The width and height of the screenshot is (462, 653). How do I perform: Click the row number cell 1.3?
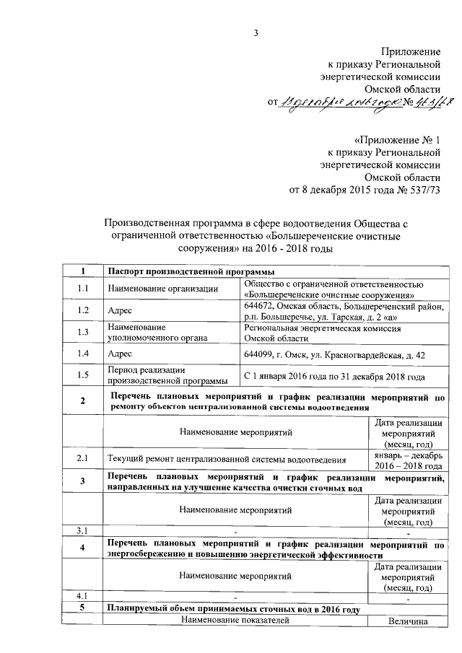point(84,333)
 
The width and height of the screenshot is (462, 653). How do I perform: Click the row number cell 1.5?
point(84,375)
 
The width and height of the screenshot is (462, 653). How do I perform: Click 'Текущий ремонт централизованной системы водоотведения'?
point(225,458)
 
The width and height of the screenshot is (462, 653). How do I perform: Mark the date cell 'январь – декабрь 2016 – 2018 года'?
point(408,459)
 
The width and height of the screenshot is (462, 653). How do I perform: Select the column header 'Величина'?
point(408,620)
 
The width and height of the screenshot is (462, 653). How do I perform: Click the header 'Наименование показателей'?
point(235,620)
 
